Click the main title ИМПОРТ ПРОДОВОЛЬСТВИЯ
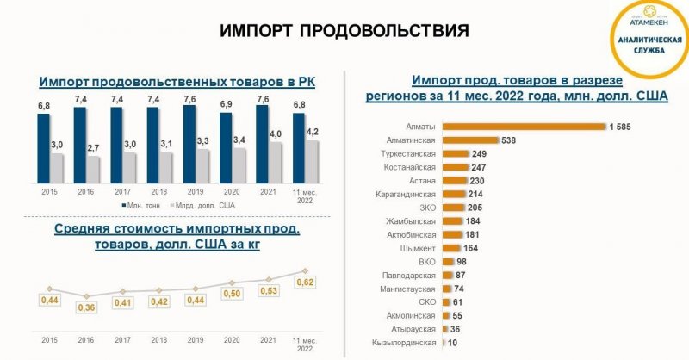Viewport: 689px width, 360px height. (344, 31)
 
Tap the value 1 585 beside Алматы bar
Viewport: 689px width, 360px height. (622, 127)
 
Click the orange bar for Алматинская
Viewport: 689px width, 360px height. (470, 140)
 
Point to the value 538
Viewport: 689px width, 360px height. (514, 140)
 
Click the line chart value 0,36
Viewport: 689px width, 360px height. (84, 307)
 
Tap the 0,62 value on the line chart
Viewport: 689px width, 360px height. (305, 282)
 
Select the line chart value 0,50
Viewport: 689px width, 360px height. (233, 294)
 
